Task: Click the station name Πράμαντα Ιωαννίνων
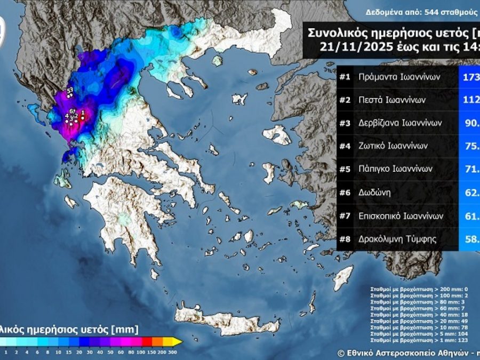coord(399,77)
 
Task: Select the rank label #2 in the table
coord(345,100)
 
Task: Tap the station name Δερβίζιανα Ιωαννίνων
coord(401,123)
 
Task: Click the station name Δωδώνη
coord(375,193)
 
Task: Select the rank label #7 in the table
coord(345,216)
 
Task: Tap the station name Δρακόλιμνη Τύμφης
coord(398,239)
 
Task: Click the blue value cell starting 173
coord(469,77)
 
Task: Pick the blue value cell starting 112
coord(469,100)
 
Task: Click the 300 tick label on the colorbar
coord(172,352)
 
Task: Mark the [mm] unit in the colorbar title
coord(128,329)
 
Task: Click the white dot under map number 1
coord(83,118)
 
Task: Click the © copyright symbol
coord(341,353)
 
